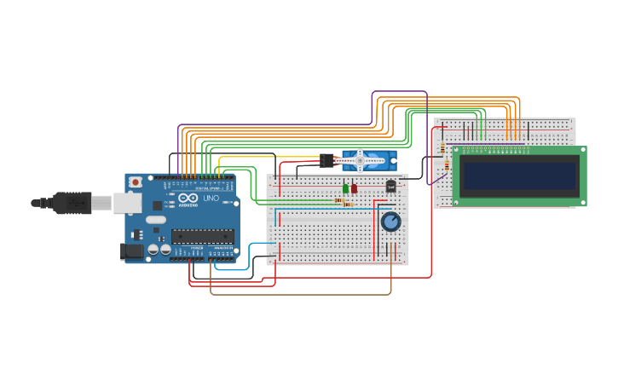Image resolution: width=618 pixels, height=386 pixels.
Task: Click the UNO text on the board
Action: tap(211, 199)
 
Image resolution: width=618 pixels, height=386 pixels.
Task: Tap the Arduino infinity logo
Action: tap(189, 198)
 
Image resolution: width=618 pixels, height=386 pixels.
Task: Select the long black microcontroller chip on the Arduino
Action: tap(202, 236)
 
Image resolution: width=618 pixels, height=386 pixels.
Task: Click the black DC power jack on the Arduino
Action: tap(132, 251)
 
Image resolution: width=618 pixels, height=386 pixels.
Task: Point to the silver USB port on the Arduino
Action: tap(127, 203)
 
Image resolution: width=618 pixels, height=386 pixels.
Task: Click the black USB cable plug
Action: tap(72, 203)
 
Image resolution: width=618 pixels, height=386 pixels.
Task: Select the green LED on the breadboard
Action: tap(345, 188)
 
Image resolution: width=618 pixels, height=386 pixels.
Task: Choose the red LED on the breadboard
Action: tap(354, 188)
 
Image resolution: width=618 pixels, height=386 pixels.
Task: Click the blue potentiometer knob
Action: tap(390, 222)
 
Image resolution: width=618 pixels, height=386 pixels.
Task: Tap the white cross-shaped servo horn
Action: tap(360, 159)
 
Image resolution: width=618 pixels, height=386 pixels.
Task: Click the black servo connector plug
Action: tap(327, 160)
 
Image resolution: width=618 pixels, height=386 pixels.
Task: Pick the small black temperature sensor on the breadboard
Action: tap(391, 186)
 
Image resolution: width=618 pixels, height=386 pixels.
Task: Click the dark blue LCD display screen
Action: tap(519, 176)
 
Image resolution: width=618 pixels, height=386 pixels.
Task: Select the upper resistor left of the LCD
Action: tap(442, 149)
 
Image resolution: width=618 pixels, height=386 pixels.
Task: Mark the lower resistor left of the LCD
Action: tap(447, 165)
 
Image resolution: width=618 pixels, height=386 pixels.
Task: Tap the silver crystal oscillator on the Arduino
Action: tap(156, 219)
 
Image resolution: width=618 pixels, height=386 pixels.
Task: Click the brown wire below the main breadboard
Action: tap(298, 294)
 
